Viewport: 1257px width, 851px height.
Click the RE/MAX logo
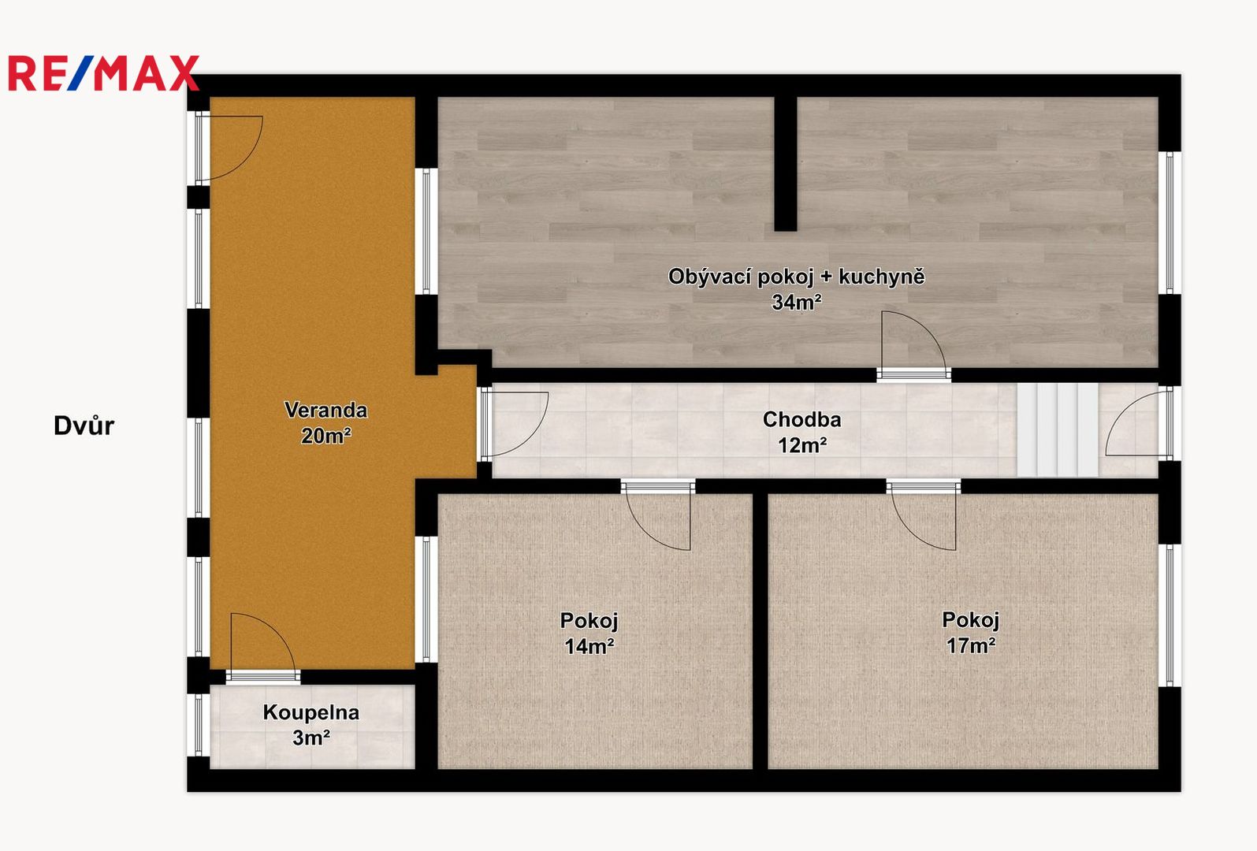104,73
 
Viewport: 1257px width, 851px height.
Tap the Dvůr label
84,425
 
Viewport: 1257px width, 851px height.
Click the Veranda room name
326,410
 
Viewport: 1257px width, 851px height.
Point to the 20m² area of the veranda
326,435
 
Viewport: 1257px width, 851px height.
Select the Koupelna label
311,712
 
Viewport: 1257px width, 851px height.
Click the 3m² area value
311,738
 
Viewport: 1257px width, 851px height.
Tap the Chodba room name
802,420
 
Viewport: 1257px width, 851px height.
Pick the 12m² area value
802,445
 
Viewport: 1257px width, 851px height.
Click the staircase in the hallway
1058,430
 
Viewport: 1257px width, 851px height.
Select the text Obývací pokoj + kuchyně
796,277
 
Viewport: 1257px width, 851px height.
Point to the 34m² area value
797,303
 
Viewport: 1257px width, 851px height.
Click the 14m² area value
589,647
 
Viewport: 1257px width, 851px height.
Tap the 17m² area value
971,645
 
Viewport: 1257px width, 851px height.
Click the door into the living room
913,346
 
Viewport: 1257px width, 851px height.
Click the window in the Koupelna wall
199,726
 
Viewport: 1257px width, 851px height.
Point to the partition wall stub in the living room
786,164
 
